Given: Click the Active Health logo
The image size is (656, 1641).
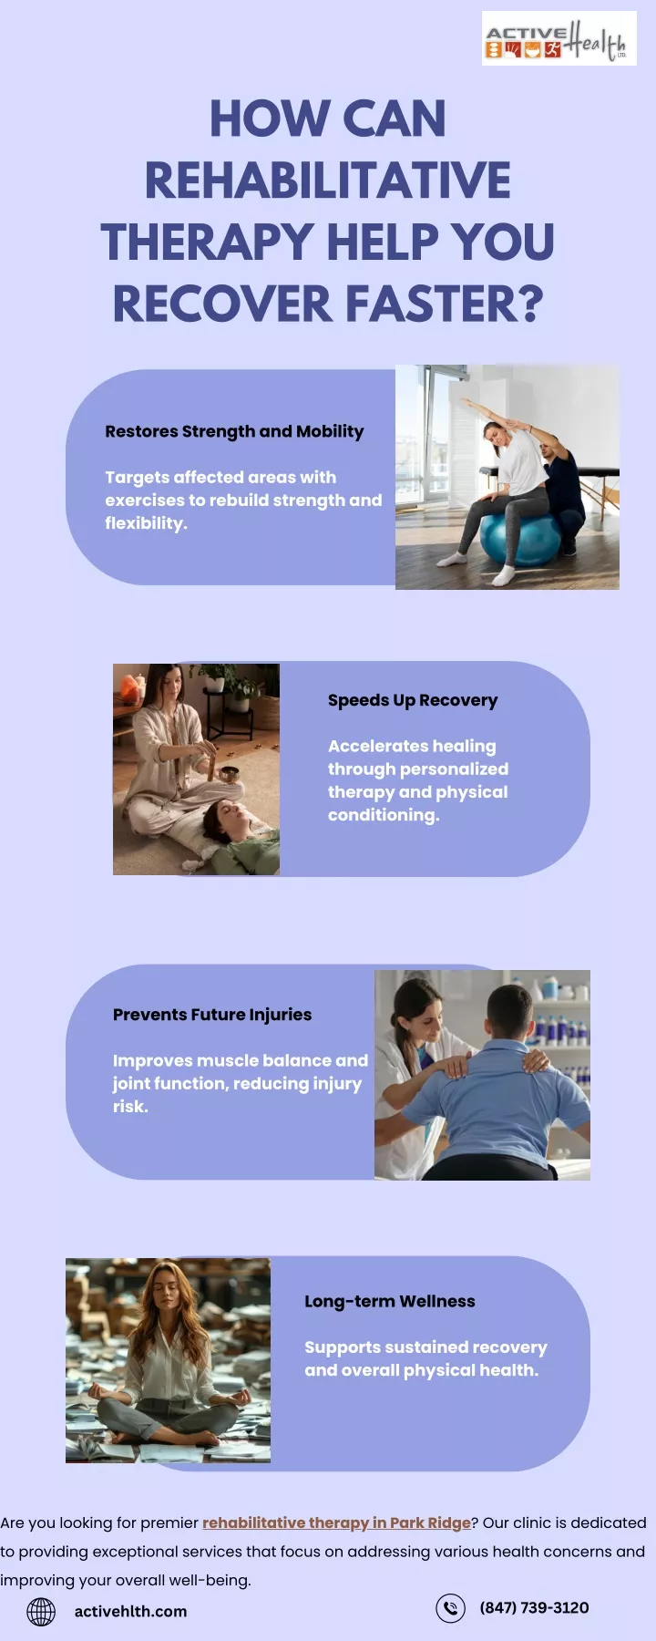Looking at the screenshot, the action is point(559,38).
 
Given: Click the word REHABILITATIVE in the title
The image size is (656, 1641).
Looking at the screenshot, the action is point(328,181).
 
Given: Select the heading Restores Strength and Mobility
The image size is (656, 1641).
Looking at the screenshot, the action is point(234,431).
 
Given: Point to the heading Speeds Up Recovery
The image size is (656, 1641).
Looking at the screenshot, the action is point(413,700).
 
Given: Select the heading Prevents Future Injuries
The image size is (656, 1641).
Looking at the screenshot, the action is point(212,1015).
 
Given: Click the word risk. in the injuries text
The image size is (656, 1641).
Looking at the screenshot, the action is point(130,1107).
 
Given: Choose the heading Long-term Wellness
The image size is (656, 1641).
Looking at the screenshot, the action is point(390,1301).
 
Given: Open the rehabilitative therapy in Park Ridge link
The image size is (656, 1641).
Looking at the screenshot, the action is point(336,1522).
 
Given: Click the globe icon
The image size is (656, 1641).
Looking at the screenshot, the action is point(41,1612).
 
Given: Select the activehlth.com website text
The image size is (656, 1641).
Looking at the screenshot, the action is point(130,1612).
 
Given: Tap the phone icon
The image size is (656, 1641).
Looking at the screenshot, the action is point(450,1608).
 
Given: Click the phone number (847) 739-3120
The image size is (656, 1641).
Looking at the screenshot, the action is point(534,1607).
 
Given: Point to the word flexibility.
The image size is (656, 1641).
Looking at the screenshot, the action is point(146,523).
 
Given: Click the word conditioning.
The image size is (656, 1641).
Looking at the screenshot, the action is point(384,815).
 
